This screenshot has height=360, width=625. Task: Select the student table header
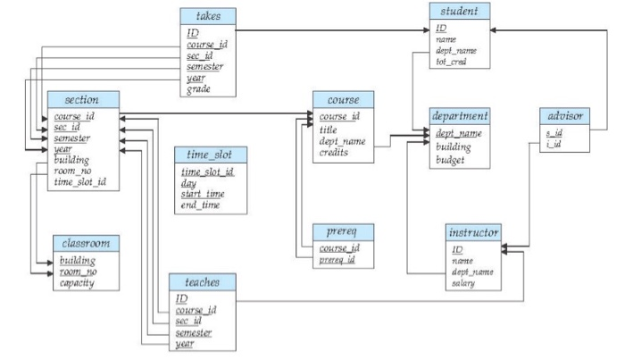coord(459,11)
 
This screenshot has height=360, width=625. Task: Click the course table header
coord(342,98)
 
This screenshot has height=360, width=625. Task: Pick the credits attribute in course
coord(337,153)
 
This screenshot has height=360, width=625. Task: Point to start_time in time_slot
coord(203,194)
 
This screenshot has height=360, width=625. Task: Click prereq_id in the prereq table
coord(340,260)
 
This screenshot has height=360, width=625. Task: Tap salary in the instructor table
coord(462,284)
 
